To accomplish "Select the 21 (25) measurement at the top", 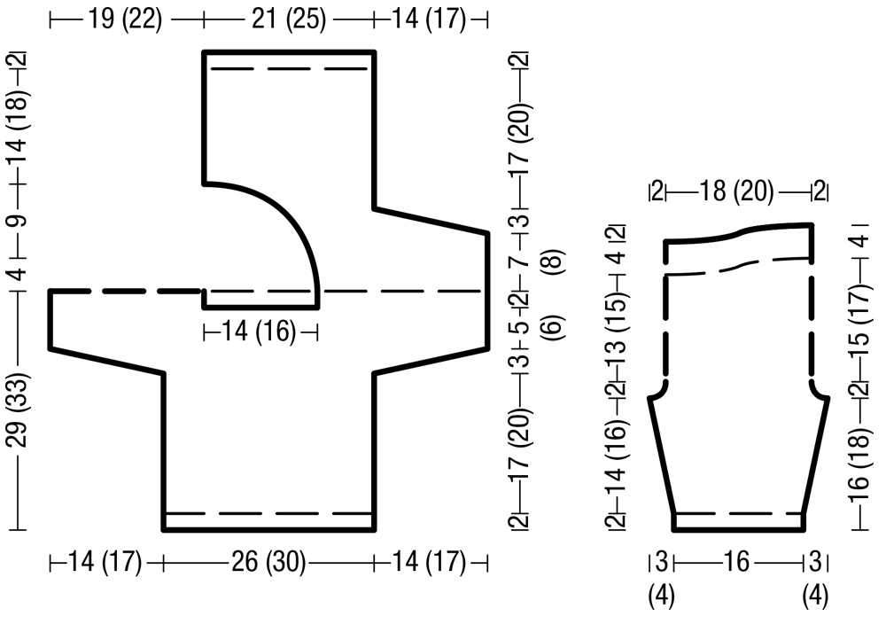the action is pyautogui.click(x=289, y=19).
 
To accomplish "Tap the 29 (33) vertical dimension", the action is pyautogui.click(x=19, y=409).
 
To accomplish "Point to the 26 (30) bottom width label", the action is pyautogui.click(x=268, y=562).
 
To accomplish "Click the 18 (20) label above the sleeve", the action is pyautogui.click(x=737, y=191).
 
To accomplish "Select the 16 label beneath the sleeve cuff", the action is pyautogui.click(x=737, y=562).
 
